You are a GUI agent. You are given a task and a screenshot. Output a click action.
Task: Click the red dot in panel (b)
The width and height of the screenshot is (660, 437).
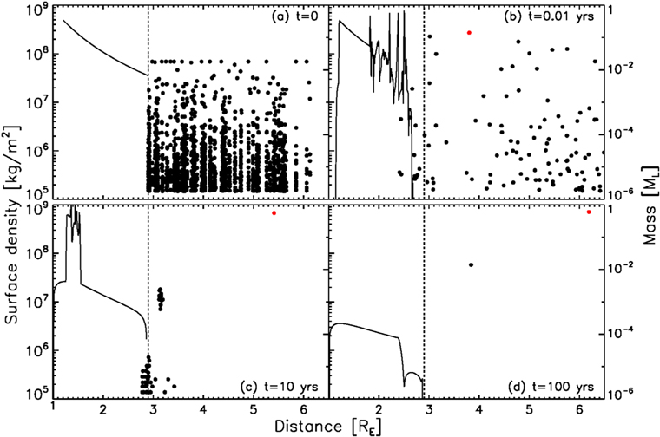(469, 32)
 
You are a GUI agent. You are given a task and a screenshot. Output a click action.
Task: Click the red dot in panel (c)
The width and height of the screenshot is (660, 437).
(274, 212)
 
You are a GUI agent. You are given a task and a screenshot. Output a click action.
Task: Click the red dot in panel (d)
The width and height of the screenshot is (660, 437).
(589, 212)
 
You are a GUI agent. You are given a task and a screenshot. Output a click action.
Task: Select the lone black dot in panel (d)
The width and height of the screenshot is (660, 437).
(471, 264)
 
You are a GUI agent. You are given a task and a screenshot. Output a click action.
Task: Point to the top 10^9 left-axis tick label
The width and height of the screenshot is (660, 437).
(35, 10)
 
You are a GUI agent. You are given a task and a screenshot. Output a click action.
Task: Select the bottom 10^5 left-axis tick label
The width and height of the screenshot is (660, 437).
(35, 394)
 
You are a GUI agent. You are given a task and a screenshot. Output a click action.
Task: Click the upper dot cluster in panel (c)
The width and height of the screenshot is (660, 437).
(160, 299)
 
